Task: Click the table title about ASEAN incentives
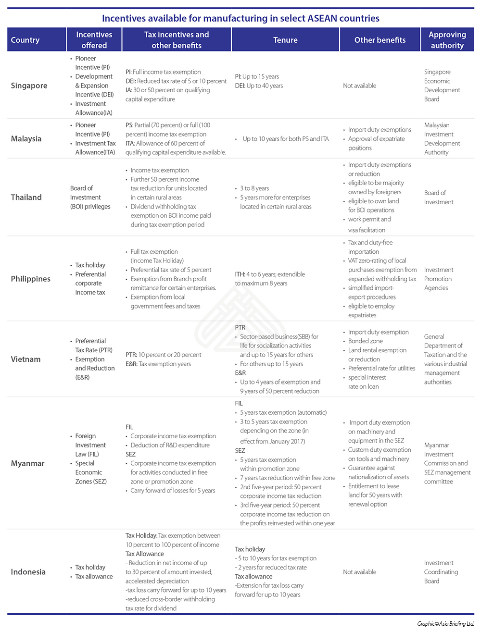tap(240, 18)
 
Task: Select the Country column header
tap(25, 40)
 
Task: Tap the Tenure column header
tap(285, 40)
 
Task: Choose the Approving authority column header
tap(447, 40)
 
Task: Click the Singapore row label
tap(29, 86)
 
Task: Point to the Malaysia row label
tap(26, 138)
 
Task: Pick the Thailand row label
tap(26, 197)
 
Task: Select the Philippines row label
tap(30, 279)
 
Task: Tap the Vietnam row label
tap(25, 359)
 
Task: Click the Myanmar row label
tap(27, 463)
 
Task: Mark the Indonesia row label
tap(28, 572)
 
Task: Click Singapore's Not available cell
tap(359, 86)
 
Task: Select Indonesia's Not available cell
tap(359, 572)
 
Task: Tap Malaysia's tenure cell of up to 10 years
tap(285, 139)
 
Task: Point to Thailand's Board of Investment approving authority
tap(438, 197)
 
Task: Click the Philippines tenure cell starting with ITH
tap(269, 279)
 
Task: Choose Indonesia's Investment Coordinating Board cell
tap(441, 572)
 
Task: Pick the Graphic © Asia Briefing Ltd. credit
tap(445, 624)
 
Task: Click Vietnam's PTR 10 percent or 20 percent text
tap(164, 355)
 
